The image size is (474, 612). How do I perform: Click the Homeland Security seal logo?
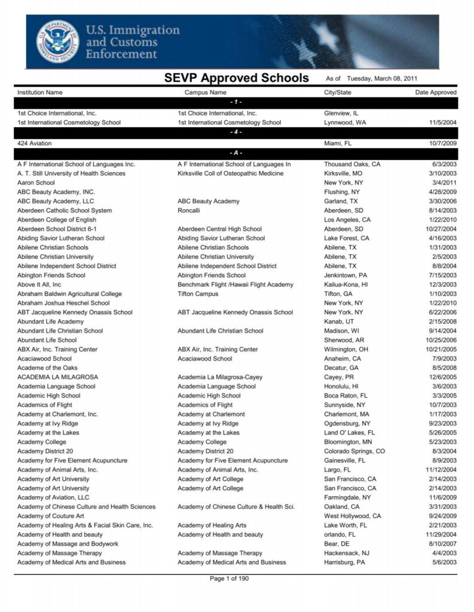pyautogui.click(x=57, y=42)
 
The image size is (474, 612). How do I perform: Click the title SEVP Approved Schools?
pyautogui.click(x=237, y=78)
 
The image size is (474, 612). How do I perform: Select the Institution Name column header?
pyautogui.click(x=39, y=93)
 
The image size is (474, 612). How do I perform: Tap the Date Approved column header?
pyautogui.click(x=436, y=93)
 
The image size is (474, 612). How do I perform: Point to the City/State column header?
pyautogui.click(x=338, y=93)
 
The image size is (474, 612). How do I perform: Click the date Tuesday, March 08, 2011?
pyautogui.click(x=382, y=79)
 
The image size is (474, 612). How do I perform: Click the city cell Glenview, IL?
pyautogui.click(x=341, y=113)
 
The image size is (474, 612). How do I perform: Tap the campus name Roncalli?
pyautogui.click(x=189, y=210)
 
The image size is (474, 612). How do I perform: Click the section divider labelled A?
pyautogui.click(x=237, y=154)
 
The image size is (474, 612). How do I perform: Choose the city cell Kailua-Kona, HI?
pyautogui.click(x=346, y=284)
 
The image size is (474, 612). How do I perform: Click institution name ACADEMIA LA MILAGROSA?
pyautogui.click(x=57, y=377)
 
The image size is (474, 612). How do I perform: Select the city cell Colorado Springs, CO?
pyautogui.click(x=354, y=451)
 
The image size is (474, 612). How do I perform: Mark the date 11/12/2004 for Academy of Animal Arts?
pyautogui.click(x=441, y=470)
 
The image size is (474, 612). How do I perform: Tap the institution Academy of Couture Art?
pyautogui.click(x=50, y=516)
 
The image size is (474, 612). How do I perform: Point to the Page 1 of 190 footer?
pyautogui.click(x=237, y=579)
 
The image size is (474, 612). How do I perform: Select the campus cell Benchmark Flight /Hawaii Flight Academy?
pyautogui.click(x=236, y=284)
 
